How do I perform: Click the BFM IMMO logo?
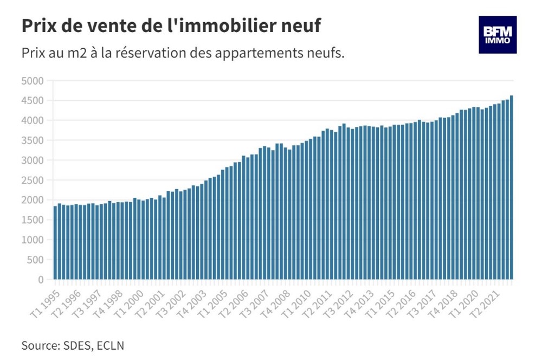[x=497, y=35]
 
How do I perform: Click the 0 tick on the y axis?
[x=40, y=280]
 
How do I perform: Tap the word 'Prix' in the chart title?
[x=40, y=25]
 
